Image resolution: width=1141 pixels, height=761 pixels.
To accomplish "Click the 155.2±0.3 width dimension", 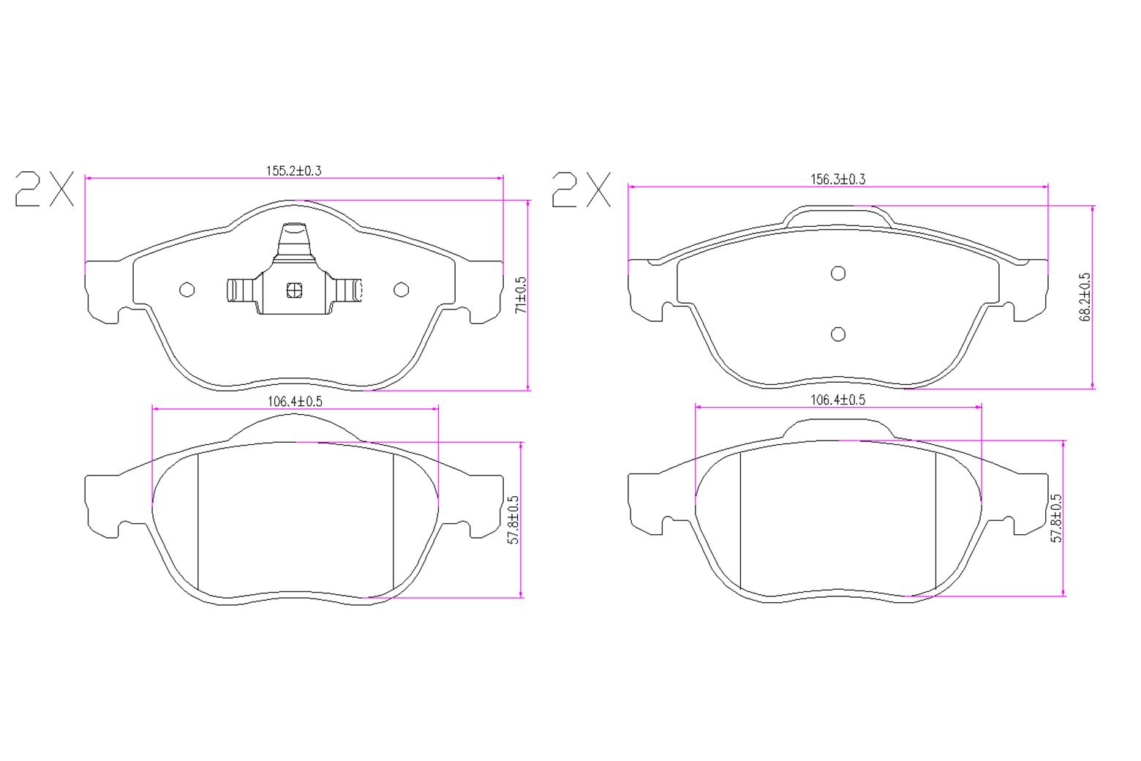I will pyautogui.click(x=293, y=171).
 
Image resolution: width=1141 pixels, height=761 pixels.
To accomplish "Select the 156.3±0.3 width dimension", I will pyautogui.click(x=837, y=179).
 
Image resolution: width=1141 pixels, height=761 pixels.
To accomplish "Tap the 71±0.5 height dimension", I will pyautogui.click(x=521, y=295).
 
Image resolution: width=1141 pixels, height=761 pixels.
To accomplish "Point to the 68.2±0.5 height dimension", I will pyautogui.click(x=1085, y=296).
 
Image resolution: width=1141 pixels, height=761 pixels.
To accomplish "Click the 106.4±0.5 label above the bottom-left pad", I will pyautogui.click(x=295, y=401).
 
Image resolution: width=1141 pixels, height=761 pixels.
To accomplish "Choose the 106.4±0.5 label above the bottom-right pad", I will pyautogui.click(x=837, y=400).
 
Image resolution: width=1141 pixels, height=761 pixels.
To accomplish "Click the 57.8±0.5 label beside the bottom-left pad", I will pyautogui.click(x=513, y=520).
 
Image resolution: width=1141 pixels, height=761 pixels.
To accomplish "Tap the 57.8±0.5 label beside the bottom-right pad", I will pyautogui.click(x=1056, y=517).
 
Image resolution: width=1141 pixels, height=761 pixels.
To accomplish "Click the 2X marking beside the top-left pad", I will pyautogui.click(x=45, y=189).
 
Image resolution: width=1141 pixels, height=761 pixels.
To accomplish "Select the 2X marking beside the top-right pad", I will pyautogui.click(x=581, y=190).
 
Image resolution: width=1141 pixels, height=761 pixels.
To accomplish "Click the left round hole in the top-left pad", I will pyautogui.click(x=187, y=290).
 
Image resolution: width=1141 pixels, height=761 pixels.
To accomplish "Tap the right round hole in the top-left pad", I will pyautogui.click(x=401, y=290).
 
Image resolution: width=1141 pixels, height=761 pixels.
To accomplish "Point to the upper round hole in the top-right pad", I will pyautogui.click(x=838, y=273).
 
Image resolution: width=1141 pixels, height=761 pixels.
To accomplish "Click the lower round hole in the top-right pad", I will pyautogui.click(x=838, y=334).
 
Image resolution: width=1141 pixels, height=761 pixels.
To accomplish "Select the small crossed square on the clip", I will pyautogui.click(x=294, y=290).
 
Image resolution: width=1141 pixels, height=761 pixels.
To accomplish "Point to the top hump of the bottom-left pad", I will pyautogui.click(x=295, y=427).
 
